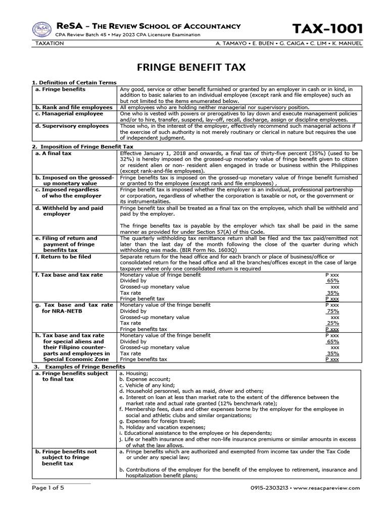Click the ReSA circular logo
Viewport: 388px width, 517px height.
point(42,30)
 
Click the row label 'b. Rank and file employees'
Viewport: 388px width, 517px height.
point(73,108)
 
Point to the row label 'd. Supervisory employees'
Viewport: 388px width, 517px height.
point(72,126)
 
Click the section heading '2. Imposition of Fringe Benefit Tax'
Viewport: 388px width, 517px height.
point(79,146)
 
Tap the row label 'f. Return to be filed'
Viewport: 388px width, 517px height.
point(63,256)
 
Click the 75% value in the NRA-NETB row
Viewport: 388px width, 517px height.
point(333,312)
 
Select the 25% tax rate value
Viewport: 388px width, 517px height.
point(333,323)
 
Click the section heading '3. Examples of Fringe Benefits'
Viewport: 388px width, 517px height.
point(79,366)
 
